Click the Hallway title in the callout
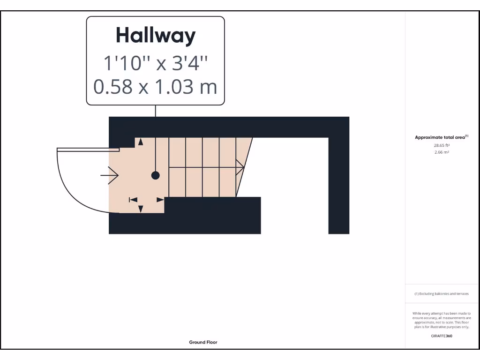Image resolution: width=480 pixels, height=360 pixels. tap(155, 36)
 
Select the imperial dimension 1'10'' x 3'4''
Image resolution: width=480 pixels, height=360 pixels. tap(155, 63)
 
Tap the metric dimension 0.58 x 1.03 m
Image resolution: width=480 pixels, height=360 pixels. tap(155, 87)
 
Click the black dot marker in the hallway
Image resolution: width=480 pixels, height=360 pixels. tap(155, 175)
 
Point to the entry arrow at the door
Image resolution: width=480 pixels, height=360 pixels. tap(110, 175)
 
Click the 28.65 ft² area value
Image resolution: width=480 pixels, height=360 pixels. tap(441, 145)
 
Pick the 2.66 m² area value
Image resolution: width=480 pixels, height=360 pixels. tap(441, 152)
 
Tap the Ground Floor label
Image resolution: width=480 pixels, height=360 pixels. tap(203, 342)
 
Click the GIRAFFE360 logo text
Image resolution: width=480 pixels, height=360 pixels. tap(441, 336)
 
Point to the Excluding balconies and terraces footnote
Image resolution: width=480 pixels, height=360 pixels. tap(441, 294)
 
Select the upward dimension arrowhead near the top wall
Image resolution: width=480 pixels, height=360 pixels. tap(141, 142)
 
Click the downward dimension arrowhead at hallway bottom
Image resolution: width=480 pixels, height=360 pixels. tap(141, 209)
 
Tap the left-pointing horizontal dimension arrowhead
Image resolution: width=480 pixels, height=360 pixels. tap(133, 200)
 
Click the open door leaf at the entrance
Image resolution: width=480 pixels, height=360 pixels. tap(88, 150)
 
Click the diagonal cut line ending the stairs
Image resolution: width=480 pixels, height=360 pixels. tap(244, 167)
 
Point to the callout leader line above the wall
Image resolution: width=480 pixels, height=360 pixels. tap(156, 111)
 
